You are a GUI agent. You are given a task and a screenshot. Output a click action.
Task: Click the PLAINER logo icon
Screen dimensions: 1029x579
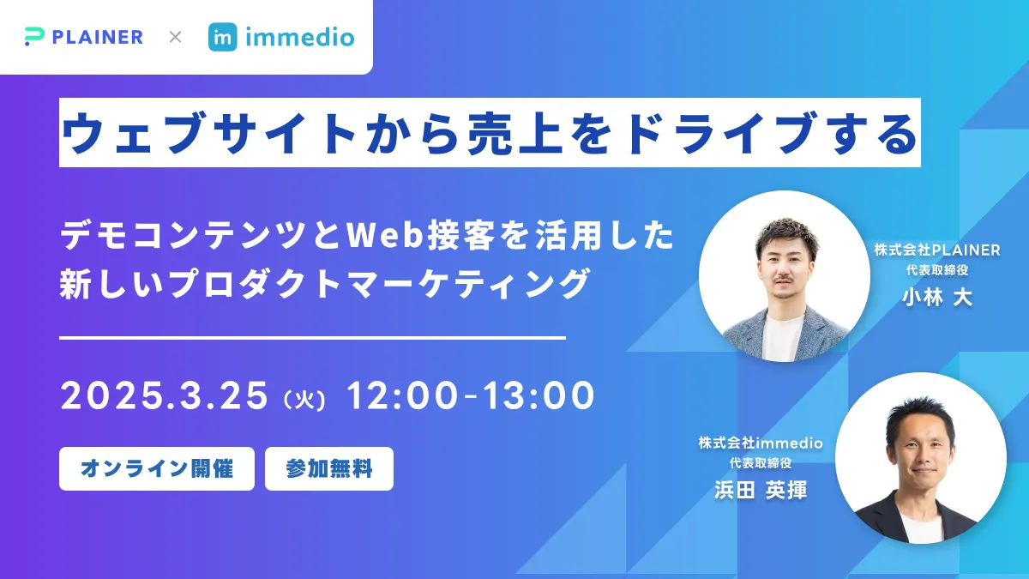[34, 37]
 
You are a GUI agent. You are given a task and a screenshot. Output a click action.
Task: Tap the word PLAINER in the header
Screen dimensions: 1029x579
[98, 37]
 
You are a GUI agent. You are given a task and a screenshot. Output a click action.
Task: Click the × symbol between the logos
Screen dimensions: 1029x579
[175, 37]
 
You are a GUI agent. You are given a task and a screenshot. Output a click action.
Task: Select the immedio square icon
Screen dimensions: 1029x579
[223, 37]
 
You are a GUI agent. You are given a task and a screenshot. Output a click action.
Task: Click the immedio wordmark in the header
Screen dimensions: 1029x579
[300, 37]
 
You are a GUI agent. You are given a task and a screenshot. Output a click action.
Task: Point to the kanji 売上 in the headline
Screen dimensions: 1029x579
[514, 133]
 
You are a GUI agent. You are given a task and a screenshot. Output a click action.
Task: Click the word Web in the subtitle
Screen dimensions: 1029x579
[384, 235]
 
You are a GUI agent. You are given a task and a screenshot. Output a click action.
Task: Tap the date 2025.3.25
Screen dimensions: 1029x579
[164, 395]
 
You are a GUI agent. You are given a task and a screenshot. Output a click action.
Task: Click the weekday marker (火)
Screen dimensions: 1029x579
[305, 399]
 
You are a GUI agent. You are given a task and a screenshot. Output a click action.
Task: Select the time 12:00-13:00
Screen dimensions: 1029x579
[471, 395]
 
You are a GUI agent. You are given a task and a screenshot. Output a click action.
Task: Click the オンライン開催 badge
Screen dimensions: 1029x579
[157, 468]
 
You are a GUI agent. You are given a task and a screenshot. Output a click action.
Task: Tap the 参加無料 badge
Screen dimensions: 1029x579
[329, 468]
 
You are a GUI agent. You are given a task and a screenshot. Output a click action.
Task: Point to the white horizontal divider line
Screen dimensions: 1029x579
[312, 338]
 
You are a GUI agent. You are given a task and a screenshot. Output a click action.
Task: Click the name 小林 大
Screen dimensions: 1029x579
[937, 298]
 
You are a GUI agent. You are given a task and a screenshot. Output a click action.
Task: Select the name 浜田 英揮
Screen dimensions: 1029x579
[761, 490]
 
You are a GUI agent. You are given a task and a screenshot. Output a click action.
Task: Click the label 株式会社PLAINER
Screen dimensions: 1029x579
[937, 250]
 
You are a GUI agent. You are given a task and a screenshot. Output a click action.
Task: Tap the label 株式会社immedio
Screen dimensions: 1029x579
[761, 443]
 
